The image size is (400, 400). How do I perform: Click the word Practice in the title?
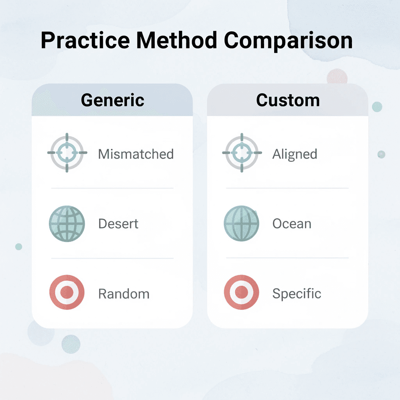(x=86, y=41)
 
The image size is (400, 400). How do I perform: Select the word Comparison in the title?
(x=288, y=41)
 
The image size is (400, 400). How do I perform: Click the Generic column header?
(x=112, y=100)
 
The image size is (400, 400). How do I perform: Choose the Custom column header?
(x=288, y=100)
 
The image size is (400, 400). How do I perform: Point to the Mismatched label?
(x=136, y=154)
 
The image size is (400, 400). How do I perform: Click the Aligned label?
(x=295, y=154)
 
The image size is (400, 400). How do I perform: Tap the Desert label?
(x=118, y=224)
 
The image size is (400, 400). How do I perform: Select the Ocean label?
(x=292, y=224)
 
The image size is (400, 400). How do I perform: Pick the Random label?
(x=124, y=294)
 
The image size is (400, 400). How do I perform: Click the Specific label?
(x=296, y=294)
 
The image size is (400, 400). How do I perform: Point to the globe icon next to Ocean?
(x=241, y=224)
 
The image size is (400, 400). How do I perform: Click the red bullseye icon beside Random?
(x=67, y=293)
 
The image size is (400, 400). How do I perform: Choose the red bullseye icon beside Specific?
(x=241, y=293)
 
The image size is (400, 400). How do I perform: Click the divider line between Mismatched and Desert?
(x=112, y=188)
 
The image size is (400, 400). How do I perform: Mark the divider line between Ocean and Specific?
(x=287, y=258)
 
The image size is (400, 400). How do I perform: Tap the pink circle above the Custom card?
(x=337, y=77)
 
